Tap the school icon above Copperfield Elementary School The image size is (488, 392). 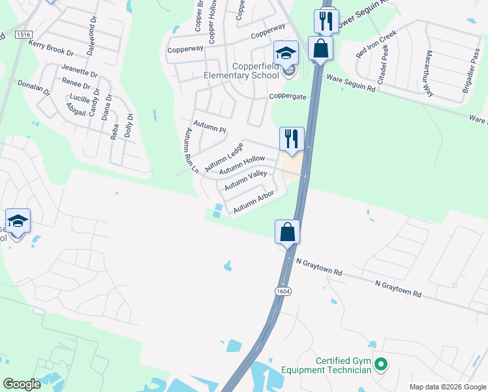click(286, 53)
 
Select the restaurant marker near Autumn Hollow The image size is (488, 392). click(292, 139)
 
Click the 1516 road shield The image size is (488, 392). click(24, 34)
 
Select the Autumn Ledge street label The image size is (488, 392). click(224, 157)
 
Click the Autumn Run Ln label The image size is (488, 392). click(191, 150)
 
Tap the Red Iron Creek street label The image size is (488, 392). click(376, 44)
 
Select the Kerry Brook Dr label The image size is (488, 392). click(52, 47)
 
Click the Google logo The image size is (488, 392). click(22, 384)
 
